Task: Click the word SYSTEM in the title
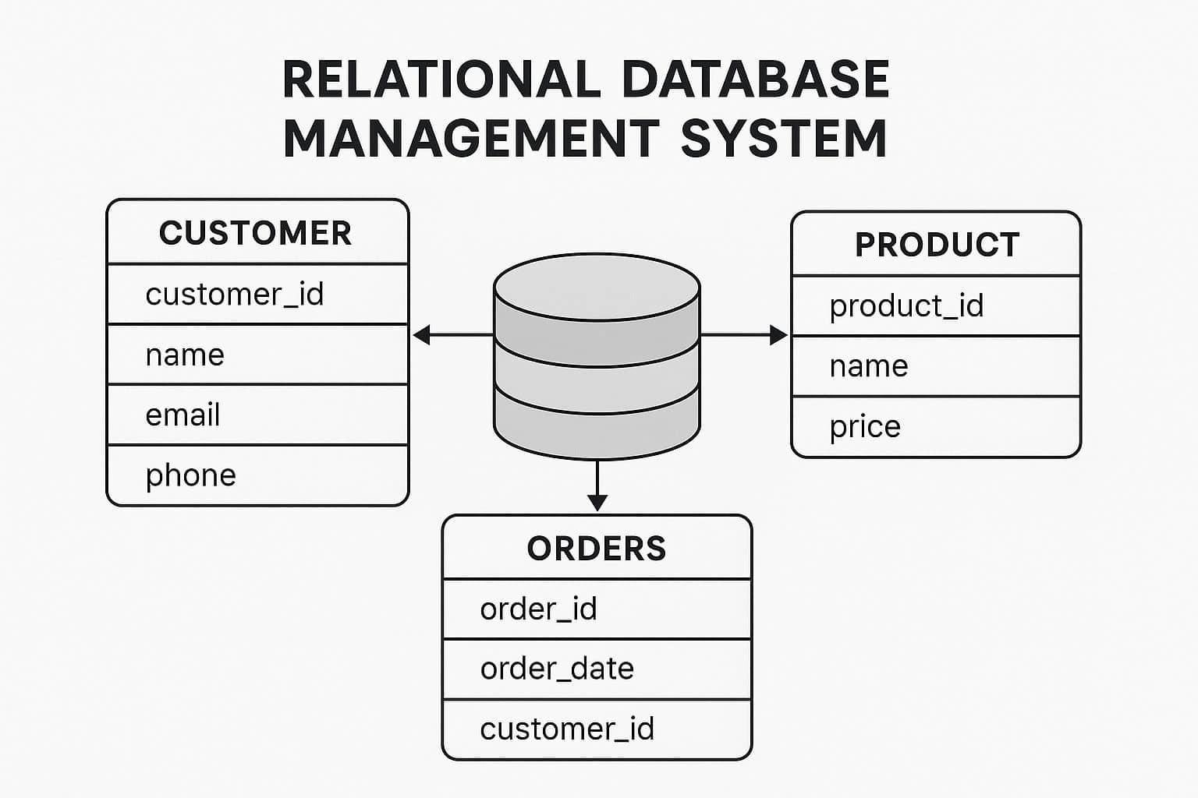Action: (x=783, y=139)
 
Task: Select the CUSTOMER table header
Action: (x=256, y=233)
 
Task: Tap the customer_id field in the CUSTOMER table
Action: (x=234, y=295)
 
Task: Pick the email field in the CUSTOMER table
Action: (x=183, y=415)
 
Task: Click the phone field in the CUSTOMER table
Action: (x=190, y=475)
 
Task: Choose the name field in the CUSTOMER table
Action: (x=185, y=355)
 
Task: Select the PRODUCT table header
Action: (x=937, y=245)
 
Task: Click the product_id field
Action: (x=906, y=306)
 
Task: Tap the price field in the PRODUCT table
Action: (x=865, y=427)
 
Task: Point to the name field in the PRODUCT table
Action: (x=869, y=366)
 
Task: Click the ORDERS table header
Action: (x=597, y=549)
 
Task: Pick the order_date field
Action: (x=557, y=669)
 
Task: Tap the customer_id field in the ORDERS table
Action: (x=567, y=729)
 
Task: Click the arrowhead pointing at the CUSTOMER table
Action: (x=422, y=335)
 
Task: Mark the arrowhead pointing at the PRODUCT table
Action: (x=778, y=335)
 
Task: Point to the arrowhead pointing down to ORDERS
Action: (x=597, y=502)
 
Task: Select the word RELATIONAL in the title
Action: (x=441, y=79)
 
